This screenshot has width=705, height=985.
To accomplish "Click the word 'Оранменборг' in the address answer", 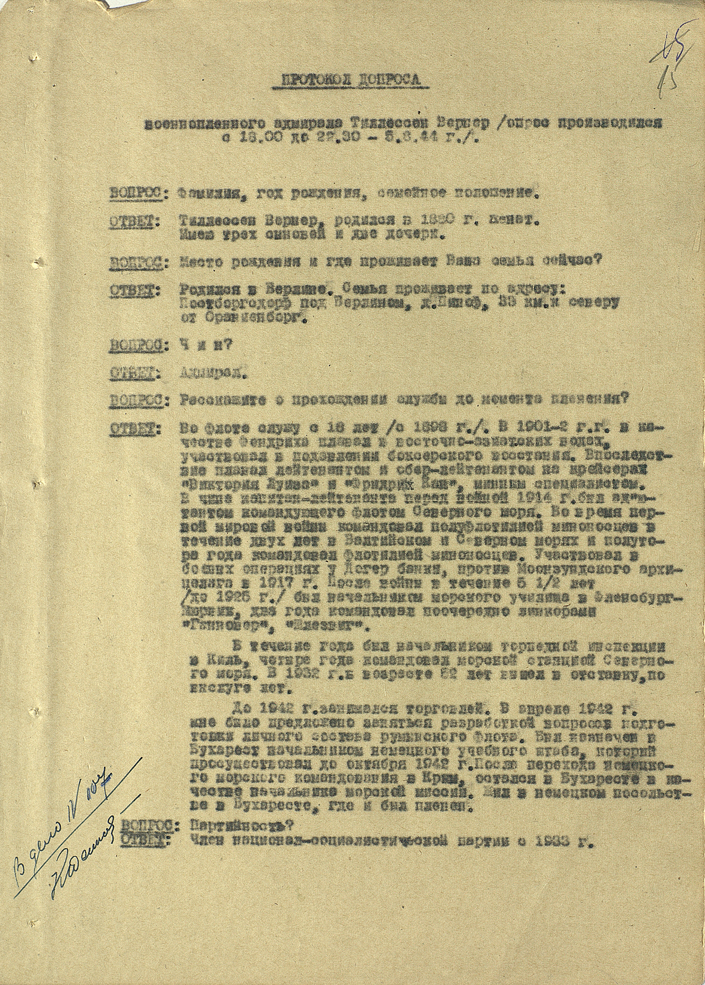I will [x=244, y=318].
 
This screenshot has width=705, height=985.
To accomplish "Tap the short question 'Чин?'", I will [x=205, y=344].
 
